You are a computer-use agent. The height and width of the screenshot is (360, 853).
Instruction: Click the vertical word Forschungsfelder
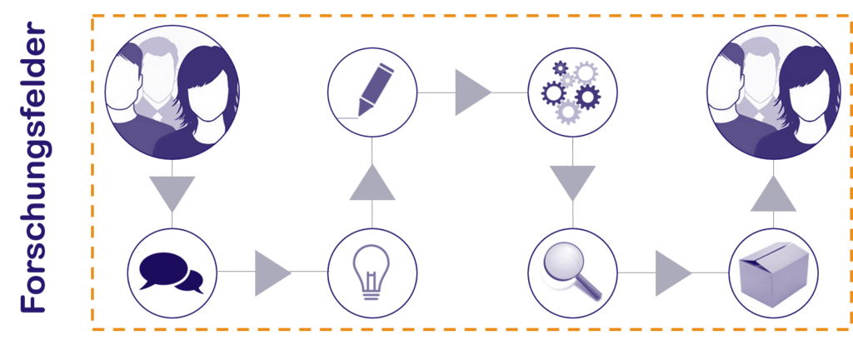click(x=32, y=167)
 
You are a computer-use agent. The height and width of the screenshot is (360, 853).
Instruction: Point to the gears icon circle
click(x=572, y=92)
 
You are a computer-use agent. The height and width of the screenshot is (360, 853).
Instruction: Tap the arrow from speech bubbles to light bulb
click(x=272, y=273)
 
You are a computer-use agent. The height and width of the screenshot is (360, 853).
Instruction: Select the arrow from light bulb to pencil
click(x=372, y=183)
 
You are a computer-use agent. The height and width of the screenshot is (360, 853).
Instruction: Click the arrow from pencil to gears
click(x=473, y=92)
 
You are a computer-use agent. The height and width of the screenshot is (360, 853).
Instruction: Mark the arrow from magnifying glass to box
click(x=673, y=273)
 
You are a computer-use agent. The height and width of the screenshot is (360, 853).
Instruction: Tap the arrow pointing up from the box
click(x=773, y=193)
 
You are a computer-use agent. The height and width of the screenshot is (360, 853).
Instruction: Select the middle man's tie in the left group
click(x=157, y=115)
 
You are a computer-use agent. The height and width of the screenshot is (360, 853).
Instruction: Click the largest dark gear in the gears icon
click(x=587, y=97)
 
